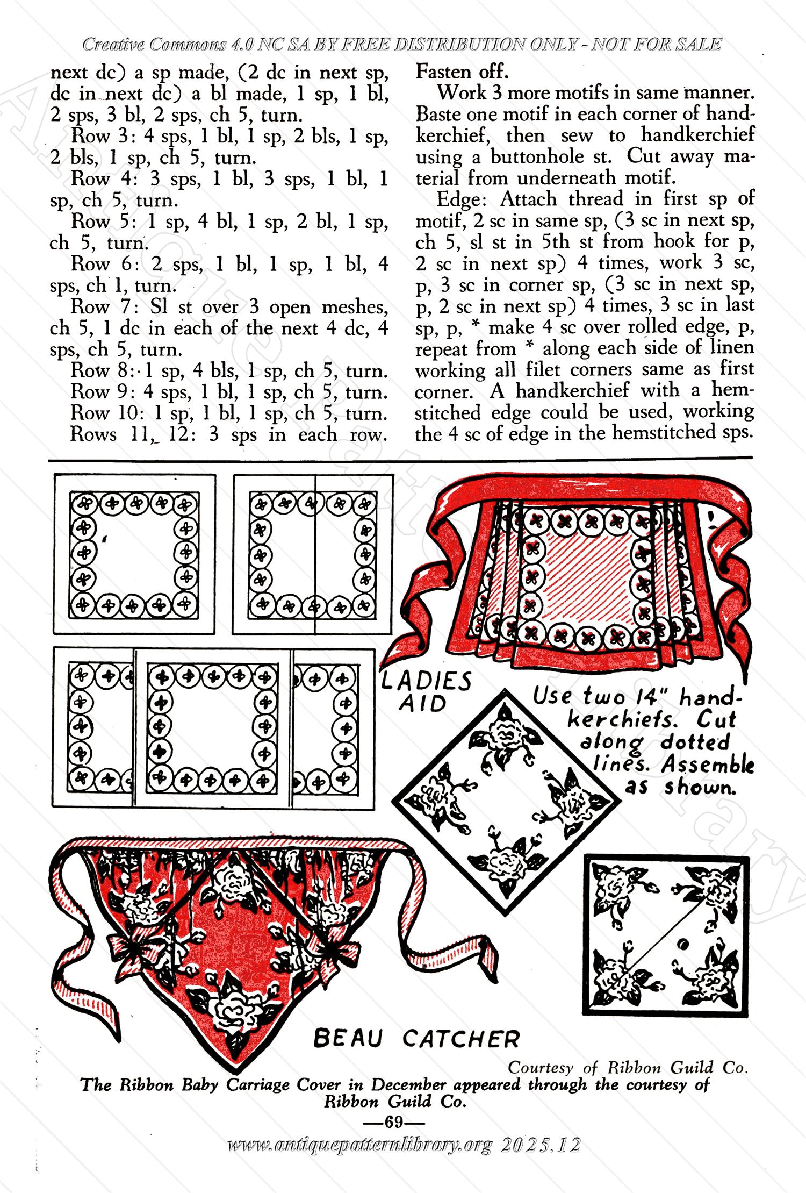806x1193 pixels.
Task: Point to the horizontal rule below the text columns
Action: (x=400, y=459)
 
